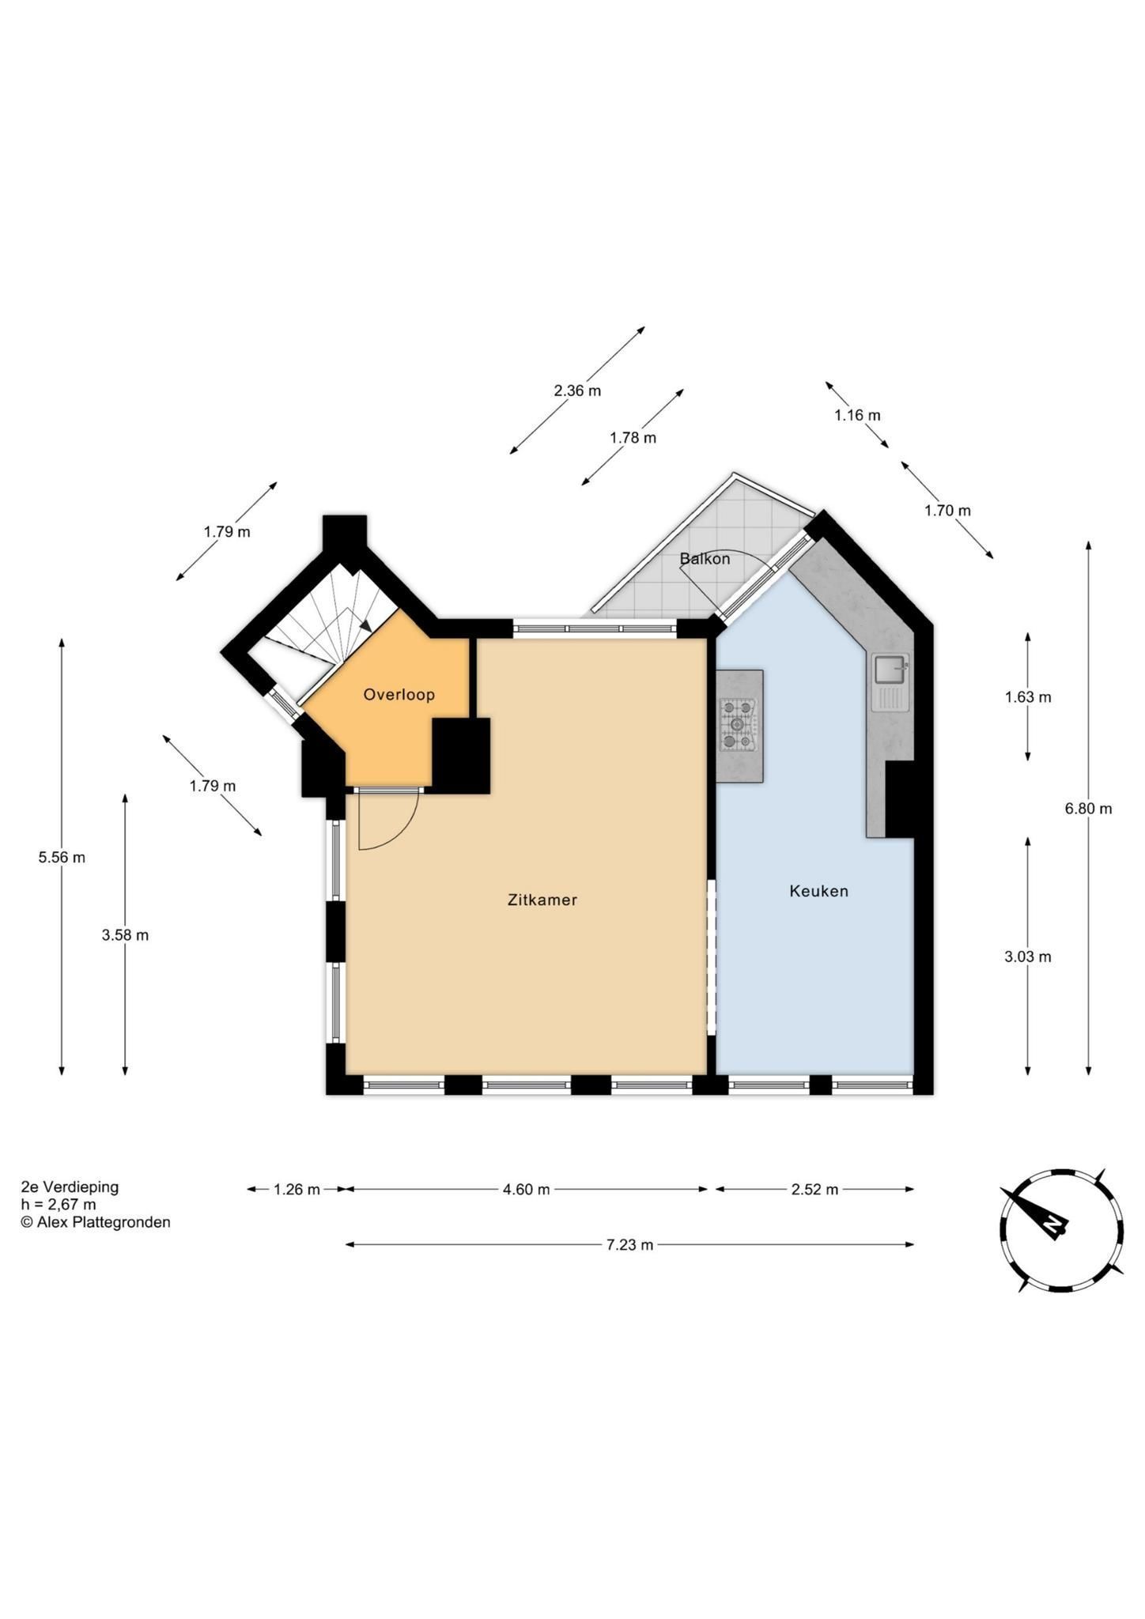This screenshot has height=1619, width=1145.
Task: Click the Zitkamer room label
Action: coord(542,900)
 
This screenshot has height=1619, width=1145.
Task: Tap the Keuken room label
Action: coord(818,891)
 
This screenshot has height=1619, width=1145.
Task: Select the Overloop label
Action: coord(399,695)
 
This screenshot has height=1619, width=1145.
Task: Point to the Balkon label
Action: coord(705,559)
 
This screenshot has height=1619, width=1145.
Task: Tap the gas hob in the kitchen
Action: coord(738,724)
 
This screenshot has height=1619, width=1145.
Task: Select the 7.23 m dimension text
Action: coord(629,1245)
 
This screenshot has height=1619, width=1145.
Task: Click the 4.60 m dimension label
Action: coord(526,1189)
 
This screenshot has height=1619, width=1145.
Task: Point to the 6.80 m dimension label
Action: coord(1088,809)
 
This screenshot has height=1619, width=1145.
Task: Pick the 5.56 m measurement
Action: coord(62,857)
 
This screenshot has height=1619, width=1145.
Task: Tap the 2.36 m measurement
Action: coord(577,391)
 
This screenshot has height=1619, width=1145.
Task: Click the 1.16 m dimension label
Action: coord(857,415)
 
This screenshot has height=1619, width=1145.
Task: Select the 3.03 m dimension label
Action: coord(1028,957)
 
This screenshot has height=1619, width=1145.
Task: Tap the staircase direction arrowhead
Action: coord(365,624)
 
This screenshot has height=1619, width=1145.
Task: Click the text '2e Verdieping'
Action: coord(70,1187)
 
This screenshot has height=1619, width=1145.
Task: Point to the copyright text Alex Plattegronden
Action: coord(96,1222)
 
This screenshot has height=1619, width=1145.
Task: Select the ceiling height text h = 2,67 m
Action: coord(59,1205)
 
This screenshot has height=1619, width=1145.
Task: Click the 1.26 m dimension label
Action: coord(297,1189)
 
